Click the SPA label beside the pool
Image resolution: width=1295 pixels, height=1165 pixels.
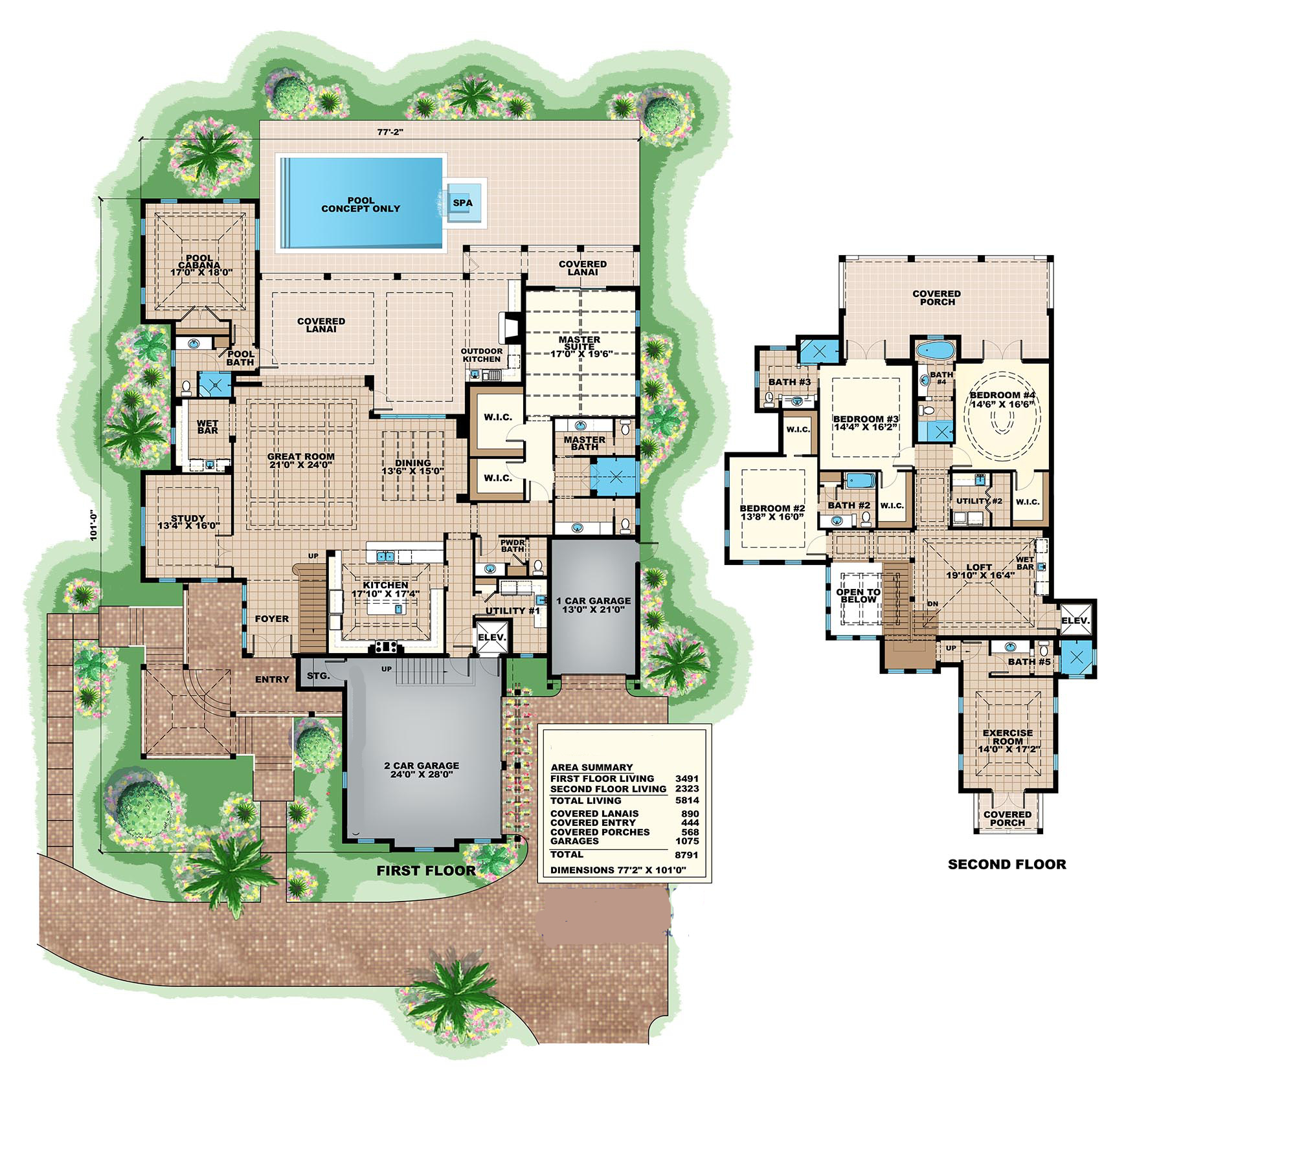coord(462,203)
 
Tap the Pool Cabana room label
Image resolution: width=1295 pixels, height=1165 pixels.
coord(200,265)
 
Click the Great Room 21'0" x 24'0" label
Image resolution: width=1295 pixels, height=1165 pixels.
coord(300,460)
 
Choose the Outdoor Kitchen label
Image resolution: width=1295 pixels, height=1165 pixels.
coord(481,355)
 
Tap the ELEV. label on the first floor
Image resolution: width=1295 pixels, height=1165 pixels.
coord(491,637)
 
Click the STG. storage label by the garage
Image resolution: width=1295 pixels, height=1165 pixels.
coord(318,676)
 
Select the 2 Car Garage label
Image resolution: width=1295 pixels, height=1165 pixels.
coord(422,770)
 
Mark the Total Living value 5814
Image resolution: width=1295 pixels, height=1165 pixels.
coord(686,801)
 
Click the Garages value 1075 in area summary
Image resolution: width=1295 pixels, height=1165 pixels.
coord(687,841)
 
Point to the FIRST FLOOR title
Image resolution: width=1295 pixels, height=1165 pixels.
coord(426,871)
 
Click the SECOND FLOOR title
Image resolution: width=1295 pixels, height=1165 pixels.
coord(1006,864)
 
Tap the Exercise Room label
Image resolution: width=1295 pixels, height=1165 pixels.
coord(1008,741)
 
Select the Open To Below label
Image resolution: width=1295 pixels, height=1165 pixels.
coord(859,595)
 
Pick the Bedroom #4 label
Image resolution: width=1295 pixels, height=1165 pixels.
coord(1002,399)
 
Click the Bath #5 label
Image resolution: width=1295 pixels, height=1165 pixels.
coord(1029,661)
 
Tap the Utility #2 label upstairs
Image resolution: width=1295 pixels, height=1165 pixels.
coord(979,501)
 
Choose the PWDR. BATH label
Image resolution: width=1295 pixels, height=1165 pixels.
coord(512,546)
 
